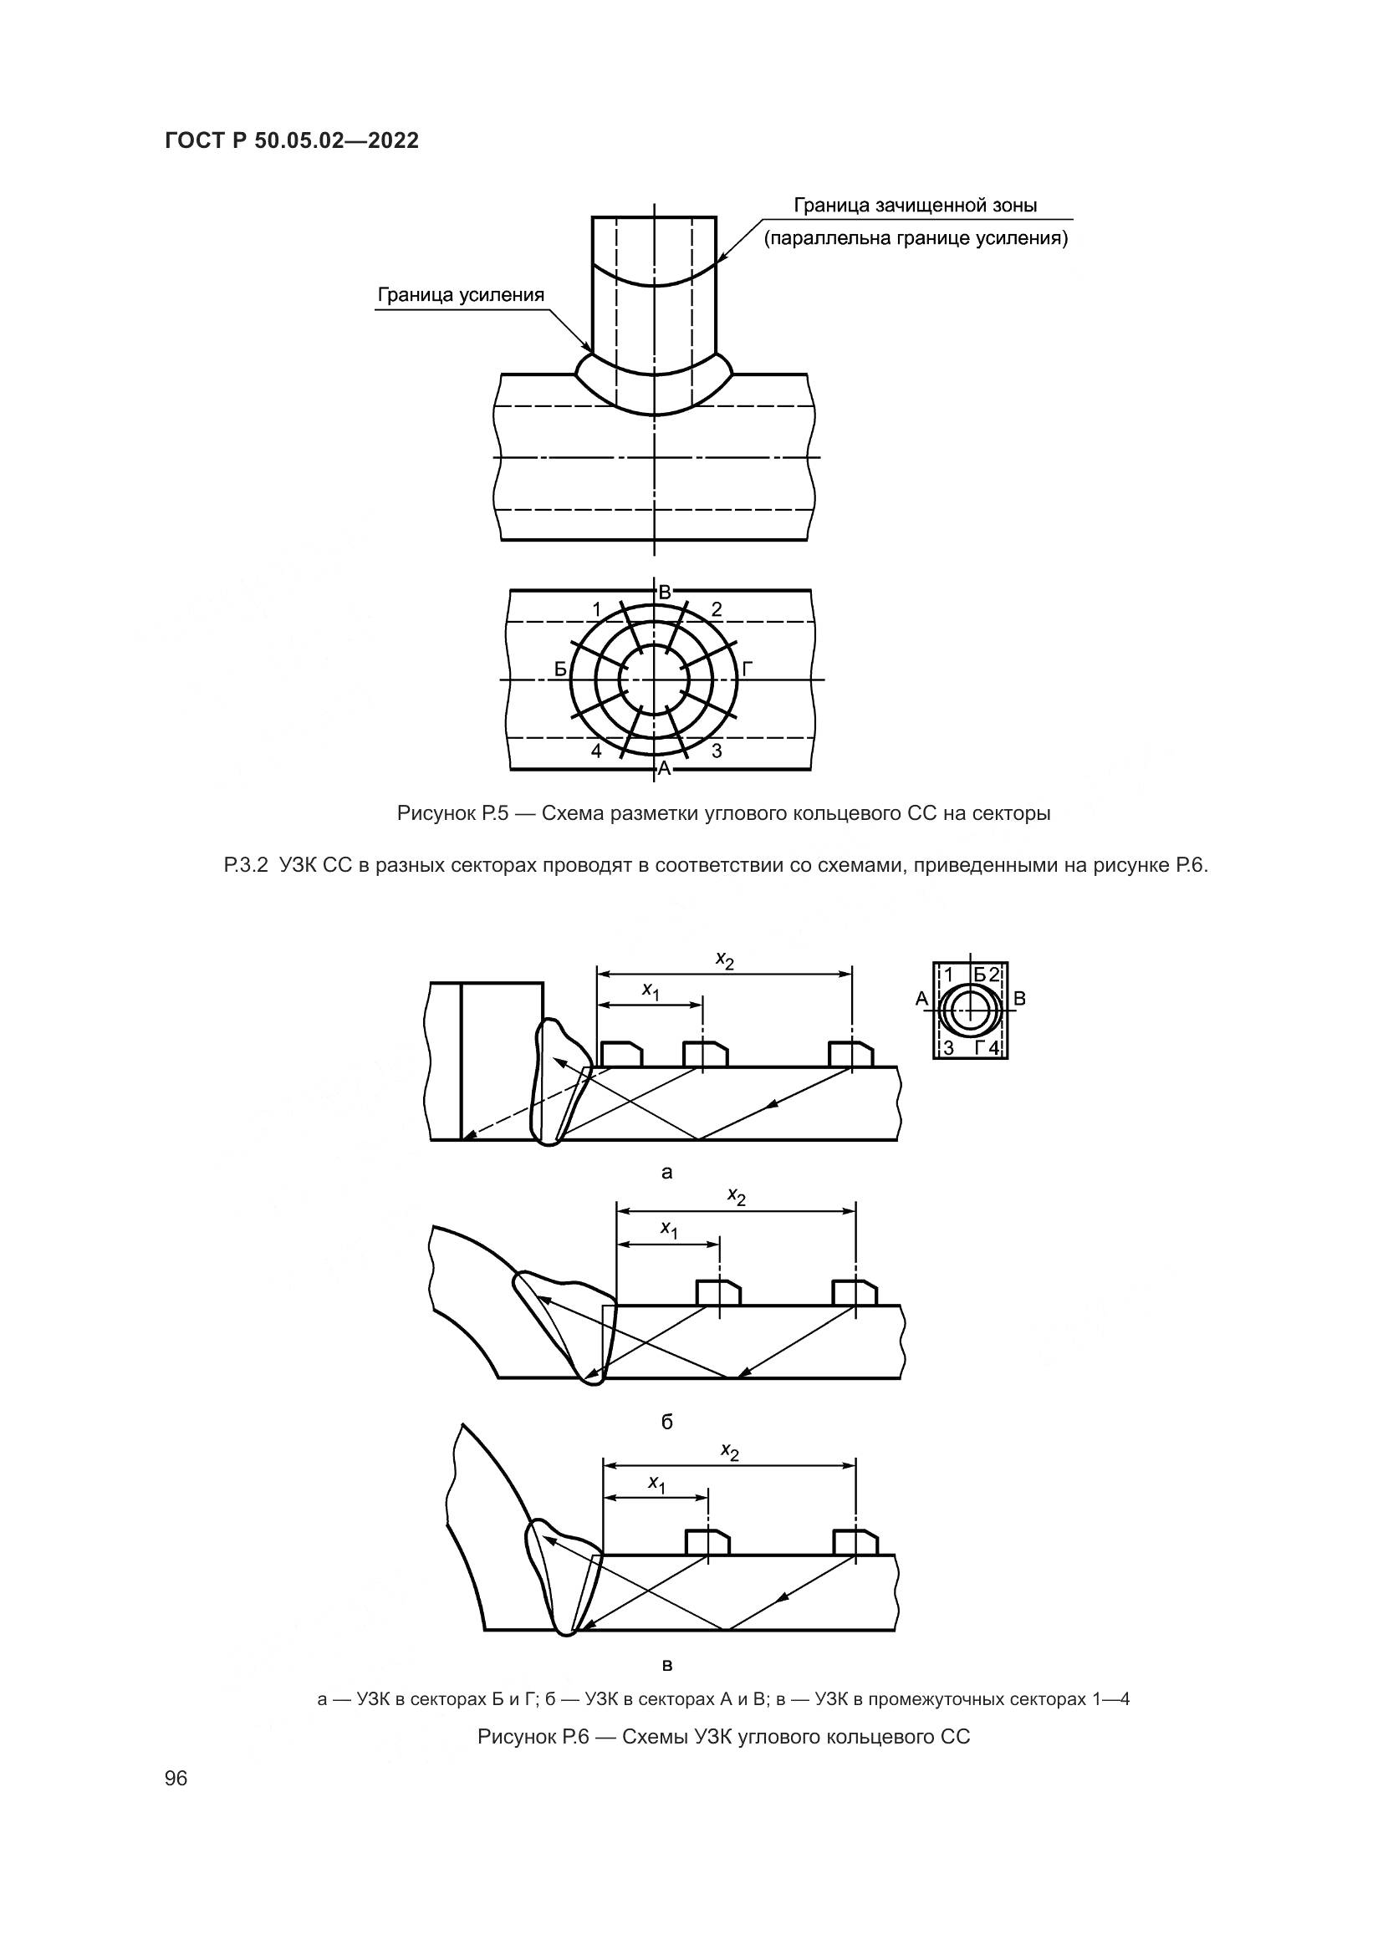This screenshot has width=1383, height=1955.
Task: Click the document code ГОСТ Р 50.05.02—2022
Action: tap(291, 141)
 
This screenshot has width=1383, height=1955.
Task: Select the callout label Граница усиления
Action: tap(460, 295)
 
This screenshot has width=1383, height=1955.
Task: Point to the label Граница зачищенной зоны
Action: tap(916, 206)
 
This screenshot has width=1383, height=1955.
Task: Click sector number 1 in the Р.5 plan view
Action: tap(596, 609)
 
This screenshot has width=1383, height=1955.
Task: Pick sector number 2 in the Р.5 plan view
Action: tap(717, 608)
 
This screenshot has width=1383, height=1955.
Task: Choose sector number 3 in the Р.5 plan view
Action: tap(717, 751)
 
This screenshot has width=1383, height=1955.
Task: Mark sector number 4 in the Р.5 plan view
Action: tap(596, 751)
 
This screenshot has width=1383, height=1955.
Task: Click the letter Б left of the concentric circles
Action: tap(560, 669)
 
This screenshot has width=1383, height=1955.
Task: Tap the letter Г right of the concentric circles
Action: tap(747, 669)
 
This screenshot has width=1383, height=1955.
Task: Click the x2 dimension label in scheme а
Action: tap(725, 960)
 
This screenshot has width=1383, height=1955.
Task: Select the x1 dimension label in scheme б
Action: tap(670, 1229)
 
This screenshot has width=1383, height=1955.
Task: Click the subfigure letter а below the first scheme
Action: tap(666, 1173)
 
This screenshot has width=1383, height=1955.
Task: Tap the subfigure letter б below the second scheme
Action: tap(666, 1421)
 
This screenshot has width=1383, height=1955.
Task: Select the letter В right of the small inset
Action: tap(1020, 999)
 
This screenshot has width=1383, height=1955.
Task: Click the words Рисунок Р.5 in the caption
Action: tap(452, 814)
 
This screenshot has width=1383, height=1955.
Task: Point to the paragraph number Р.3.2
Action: tap(246, 867)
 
